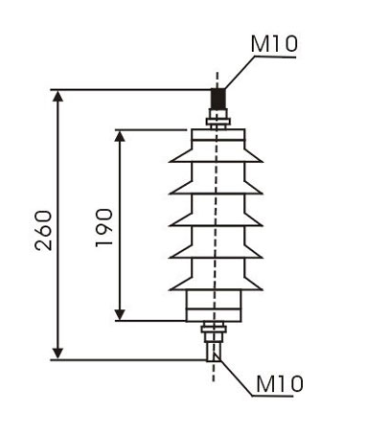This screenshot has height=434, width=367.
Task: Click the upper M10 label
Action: pyautogui.click(x=274, y=44)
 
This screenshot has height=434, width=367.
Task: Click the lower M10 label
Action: pyautogui.click(x=279, y=383)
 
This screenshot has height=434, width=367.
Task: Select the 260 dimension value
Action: pyautogui.click(x=43, y=230)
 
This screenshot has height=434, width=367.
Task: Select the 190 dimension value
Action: pyautogui.click(x=104, y=227)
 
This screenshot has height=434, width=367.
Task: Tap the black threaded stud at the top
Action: pyautogui.click(x=218, y=99)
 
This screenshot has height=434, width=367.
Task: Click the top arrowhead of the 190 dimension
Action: pyautogui.click(x=120, y=136)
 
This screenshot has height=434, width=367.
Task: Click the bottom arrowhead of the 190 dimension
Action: pyautogui.click(x=120, y=314)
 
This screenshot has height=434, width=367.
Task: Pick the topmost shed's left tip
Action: pyautogui.click(x=170, y=162)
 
